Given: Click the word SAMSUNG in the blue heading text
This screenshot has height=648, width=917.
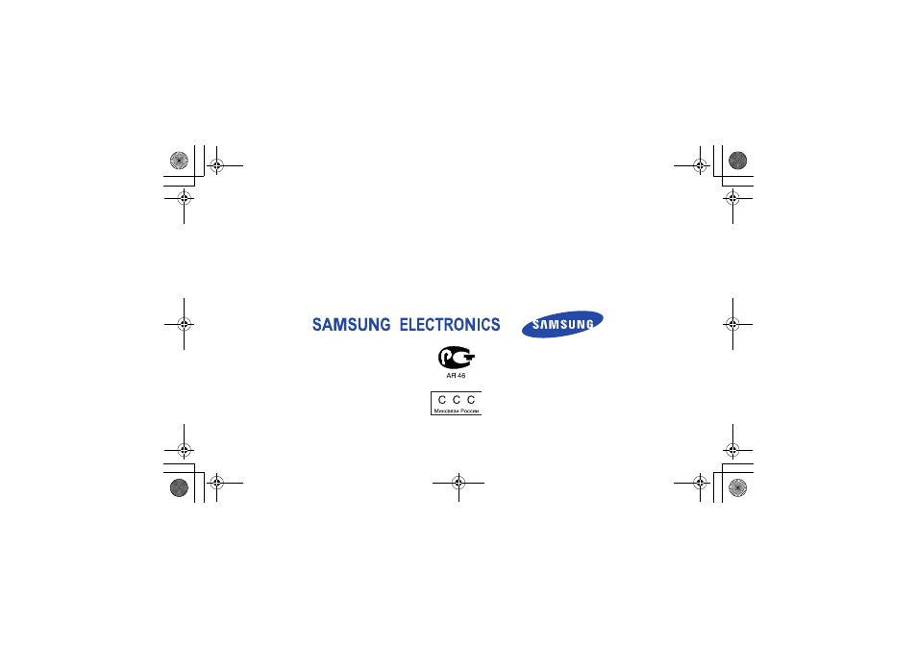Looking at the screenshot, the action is coord(351,325).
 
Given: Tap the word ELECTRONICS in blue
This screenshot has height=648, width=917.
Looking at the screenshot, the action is coord(450,325).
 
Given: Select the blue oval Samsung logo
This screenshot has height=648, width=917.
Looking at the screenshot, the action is coord(562,324).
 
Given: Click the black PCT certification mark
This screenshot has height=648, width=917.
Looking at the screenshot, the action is coord(457,358).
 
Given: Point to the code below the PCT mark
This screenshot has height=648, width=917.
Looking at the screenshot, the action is coord(457,376).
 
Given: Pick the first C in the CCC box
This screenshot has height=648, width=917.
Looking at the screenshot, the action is coord(442,400).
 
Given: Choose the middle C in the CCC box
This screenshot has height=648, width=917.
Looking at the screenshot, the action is coord(457,400).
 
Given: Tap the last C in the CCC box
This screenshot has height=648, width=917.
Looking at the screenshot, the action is coord(471,400).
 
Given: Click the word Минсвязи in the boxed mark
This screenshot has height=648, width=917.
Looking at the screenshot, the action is coord(446,411).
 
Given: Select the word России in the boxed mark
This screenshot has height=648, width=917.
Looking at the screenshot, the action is coord(469,411).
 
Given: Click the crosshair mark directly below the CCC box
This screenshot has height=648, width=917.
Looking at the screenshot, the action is coord(458,483).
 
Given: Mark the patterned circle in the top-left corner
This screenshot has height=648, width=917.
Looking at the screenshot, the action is coord(179,161).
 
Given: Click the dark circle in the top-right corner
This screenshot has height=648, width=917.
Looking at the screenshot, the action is coord(738,161).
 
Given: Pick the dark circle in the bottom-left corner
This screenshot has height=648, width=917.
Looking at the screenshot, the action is coord(179,487).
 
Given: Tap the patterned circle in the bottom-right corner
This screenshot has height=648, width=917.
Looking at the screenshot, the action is coord(738,487).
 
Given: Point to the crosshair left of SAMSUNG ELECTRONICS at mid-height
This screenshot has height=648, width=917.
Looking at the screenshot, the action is coord(185,324).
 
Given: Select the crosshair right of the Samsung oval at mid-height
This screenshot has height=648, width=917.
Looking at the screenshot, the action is coord(732,324).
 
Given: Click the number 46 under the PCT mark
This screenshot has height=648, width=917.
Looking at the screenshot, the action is coord(460,376).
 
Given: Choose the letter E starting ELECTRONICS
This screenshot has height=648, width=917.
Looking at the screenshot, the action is coord(404,325).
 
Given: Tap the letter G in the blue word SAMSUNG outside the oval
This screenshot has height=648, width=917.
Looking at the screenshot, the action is coord(384,325).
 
